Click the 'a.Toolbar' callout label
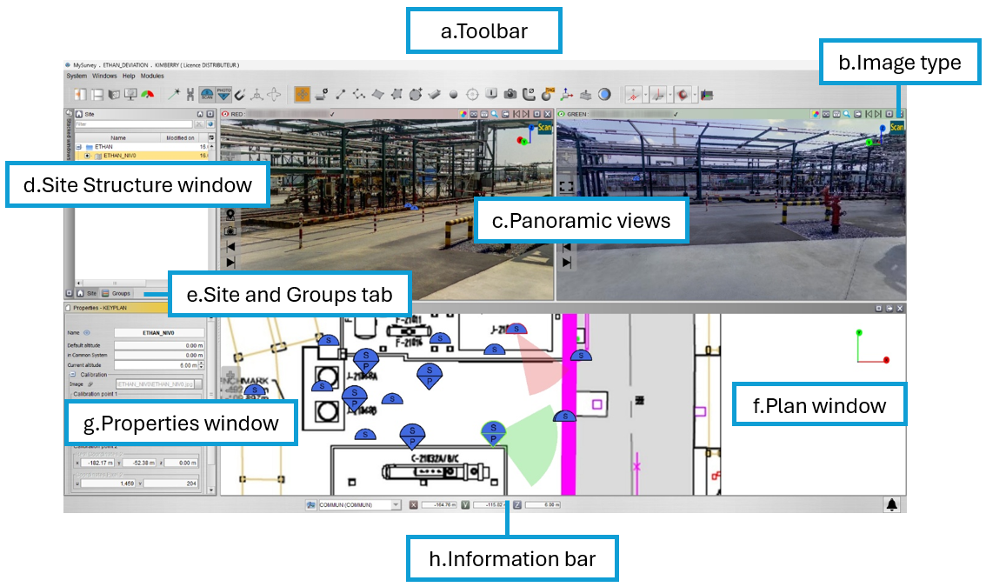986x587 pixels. coord(483,31)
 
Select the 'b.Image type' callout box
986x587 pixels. coord(899,63)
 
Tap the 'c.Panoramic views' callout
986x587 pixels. coord(581,221)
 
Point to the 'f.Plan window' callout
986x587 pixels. coord(819,405)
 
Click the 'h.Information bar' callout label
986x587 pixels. coord(512,558)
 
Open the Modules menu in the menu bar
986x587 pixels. coord(152,77)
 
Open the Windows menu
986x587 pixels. coord(104,77)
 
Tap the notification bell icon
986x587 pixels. coord(891,504)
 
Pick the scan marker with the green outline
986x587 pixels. coord(493,432)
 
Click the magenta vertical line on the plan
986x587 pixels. coord(570,391)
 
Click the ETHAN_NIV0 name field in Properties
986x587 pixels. coord(158,332)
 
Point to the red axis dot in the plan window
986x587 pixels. coord(886,360)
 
